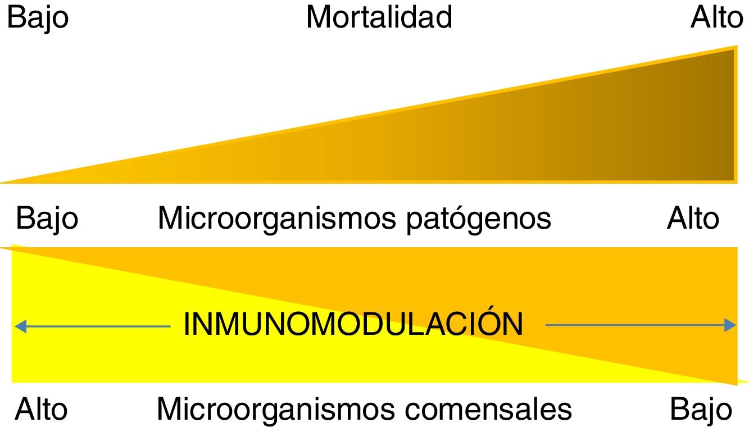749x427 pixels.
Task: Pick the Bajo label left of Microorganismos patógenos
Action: point(47,218)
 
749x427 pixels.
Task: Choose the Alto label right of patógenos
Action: point(693,218)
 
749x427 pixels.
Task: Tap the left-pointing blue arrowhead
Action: point(20,325)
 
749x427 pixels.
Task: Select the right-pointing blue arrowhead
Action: point(730,325)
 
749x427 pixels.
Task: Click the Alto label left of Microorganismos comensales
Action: point(41,409)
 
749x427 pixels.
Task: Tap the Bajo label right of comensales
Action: point(701,409)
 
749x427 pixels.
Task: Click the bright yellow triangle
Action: point(112,348)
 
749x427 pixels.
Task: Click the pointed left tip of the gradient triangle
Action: point(4,181)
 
